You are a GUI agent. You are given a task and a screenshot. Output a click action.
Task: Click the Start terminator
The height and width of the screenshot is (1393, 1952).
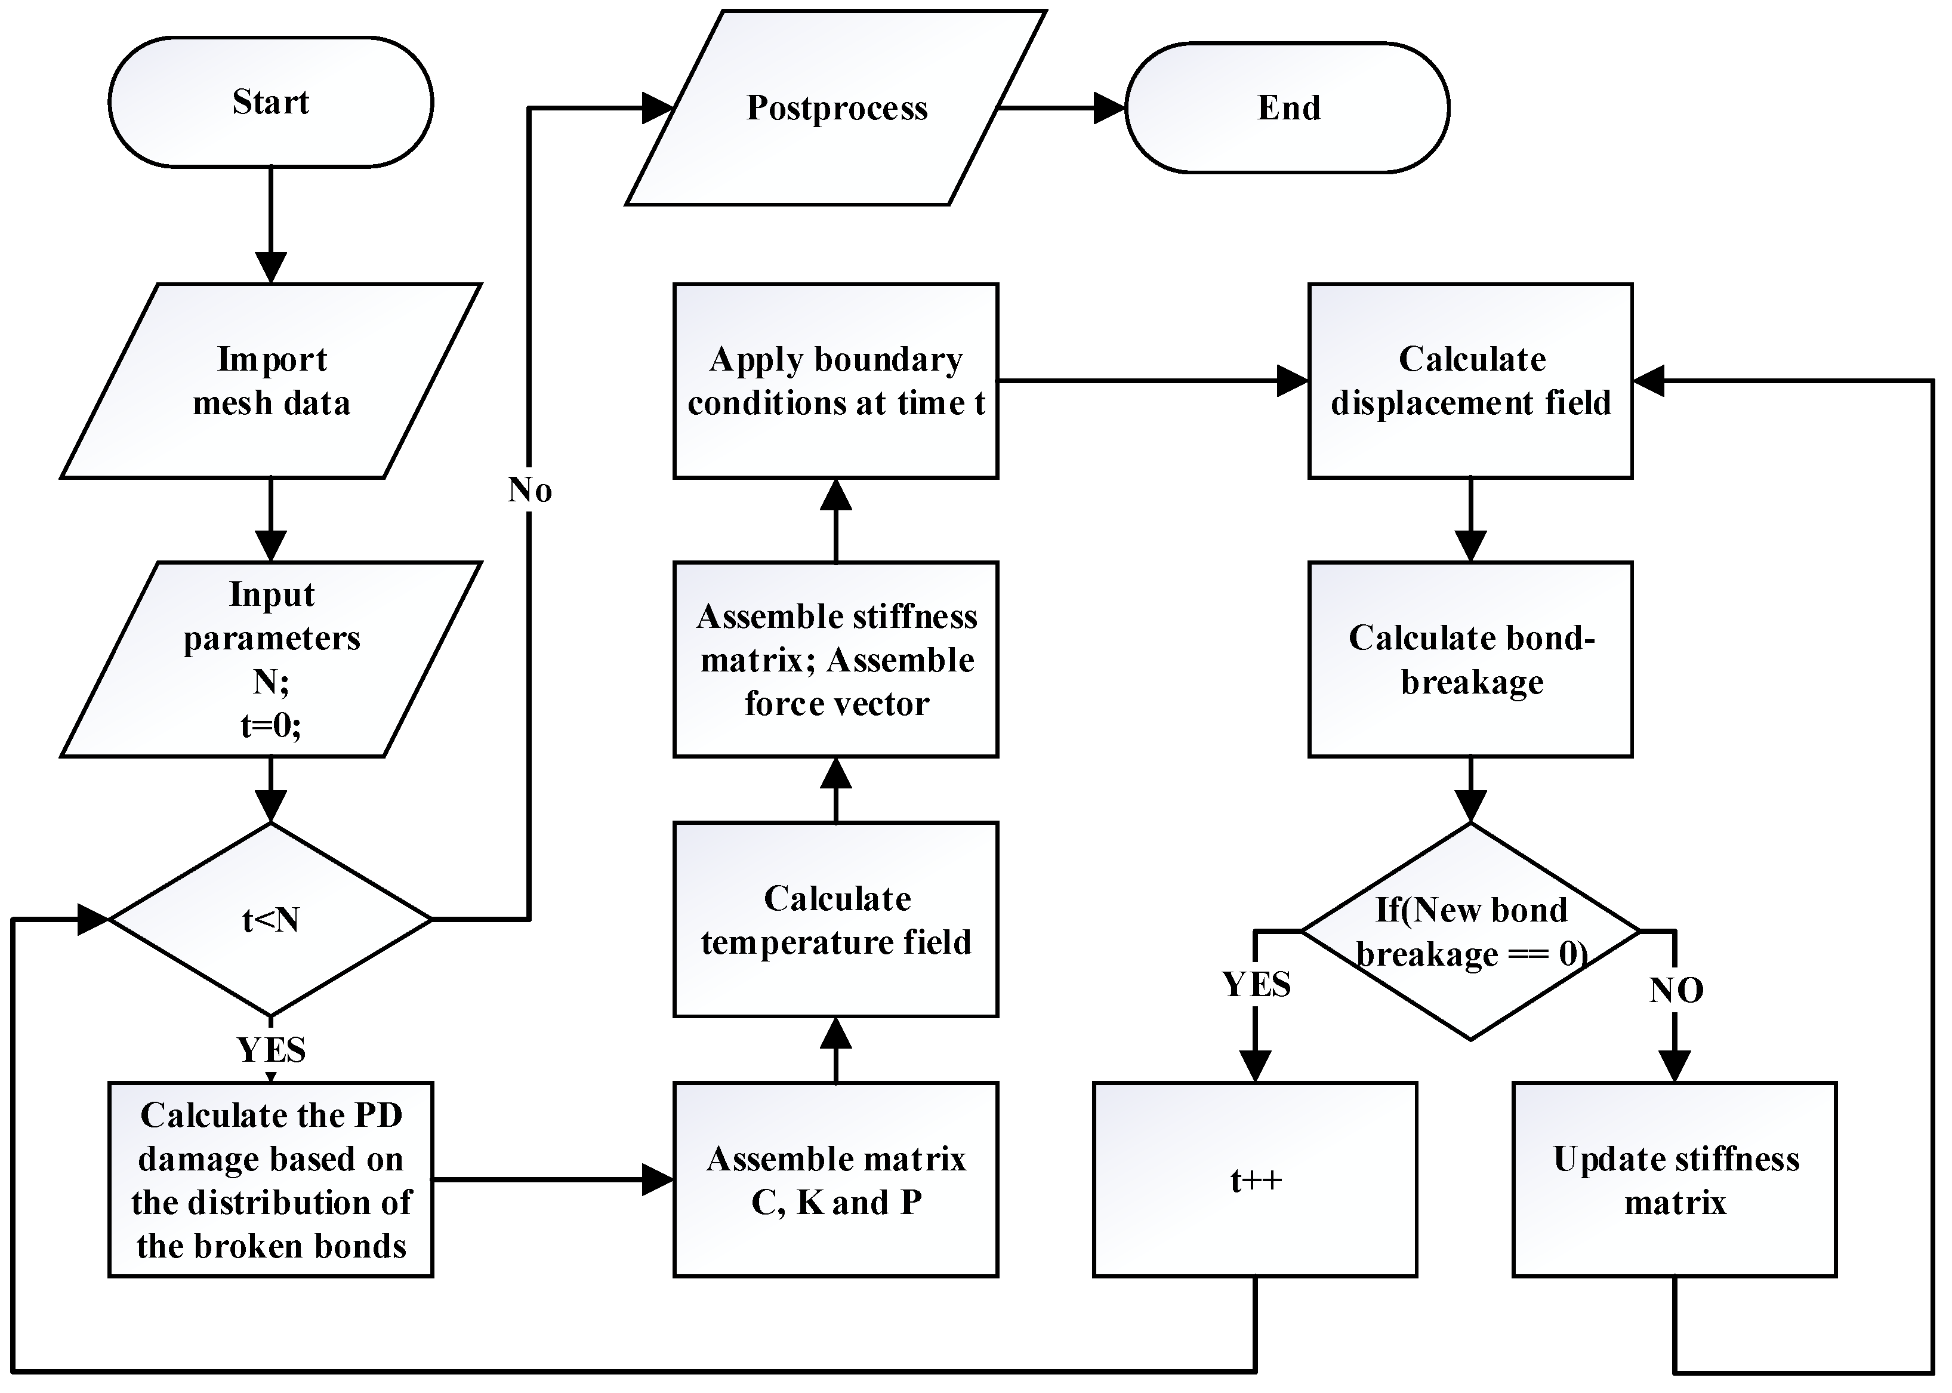click(x=270, y=102)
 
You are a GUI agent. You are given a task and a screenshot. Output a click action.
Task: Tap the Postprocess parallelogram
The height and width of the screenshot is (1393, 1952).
click(x=836, y=108)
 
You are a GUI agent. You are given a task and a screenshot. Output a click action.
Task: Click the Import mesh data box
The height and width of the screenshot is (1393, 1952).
click(x=270, y=381)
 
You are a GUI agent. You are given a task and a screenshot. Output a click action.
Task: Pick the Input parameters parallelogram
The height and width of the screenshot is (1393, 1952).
click(x=270, y=659)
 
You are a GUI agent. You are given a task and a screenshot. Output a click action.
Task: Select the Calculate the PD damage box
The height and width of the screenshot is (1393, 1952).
click(x=270, y=1179)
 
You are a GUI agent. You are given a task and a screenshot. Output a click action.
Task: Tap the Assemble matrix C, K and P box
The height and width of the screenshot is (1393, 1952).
click(x=836, y=1179)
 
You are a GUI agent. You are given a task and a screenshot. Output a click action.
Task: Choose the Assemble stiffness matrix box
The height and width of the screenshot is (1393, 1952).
click(x=836, y=659)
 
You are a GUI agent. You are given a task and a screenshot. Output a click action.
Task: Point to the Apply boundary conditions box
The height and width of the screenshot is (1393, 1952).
click(x=836, y=381)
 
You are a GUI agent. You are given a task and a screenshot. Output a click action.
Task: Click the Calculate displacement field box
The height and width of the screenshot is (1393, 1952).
click(x=1471, y=381)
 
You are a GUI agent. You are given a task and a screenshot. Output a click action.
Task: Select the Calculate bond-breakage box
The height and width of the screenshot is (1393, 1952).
click(x=1471, y=659)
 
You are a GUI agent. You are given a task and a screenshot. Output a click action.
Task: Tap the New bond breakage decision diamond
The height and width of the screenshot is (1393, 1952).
click(x=1471, y=930)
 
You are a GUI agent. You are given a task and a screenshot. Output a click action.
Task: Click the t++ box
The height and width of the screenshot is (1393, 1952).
click(x=1255, y=1179)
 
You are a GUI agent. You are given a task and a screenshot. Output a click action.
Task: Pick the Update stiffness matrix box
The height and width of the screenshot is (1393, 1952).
click(x=1675, y=1179)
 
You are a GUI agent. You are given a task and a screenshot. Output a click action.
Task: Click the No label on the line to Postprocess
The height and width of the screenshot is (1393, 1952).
click(x=529, y=491)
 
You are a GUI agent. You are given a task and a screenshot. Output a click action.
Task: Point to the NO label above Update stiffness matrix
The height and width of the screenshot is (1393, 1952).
click(x=1676, y=991)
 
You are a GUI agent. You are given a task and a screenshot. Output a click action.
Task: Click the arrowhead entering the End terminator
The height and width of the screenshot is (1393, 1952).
click(x=1110, y=108)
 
